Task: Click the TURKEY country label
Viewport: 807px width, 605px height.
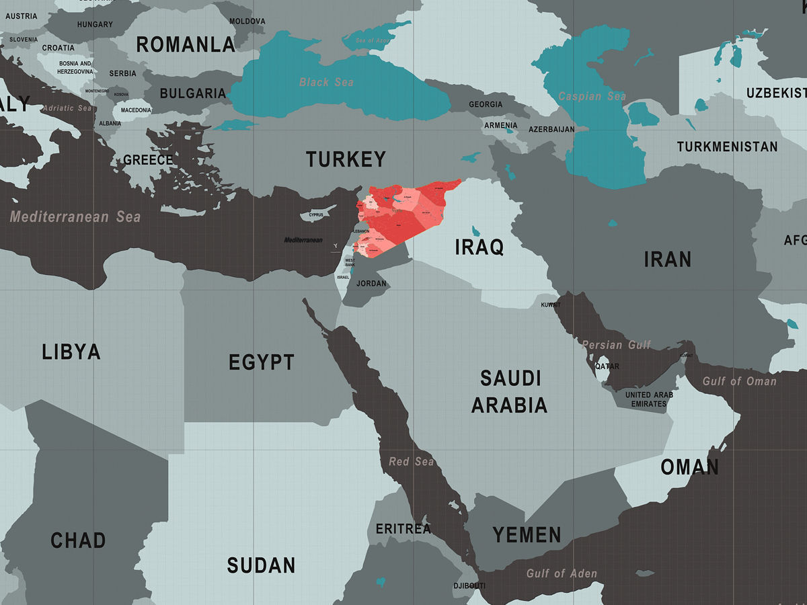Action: [x=346, y=159]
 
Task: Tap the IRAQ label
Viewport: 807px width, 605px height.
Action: [x=479, y=247]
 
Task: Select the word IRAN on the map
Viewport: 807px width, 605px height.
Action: [x=667, y=259]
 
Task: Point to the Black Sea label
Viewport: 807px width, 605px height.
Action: [x=327, y=82]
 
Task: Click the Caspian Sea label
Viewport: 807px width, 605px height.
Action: [x=592, y=96]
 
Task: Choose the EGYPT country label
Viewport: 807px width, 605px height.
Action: [x=261, y=362]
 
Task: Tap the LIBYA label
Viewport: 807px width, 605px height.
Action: [x=71, y=352]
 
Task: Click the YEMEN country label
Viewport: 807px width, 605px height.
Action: [x=527, y=535]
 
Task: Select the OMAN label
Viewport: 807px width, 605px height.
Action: [x=689, y=467]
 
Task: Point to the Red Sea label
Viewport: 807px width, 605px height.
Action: [x=412, y=462]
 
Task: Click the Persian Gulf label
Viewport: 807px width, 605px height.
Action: [x=617, y=345]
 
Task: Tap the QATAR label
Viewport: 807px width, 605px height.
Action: [x=607, y=366]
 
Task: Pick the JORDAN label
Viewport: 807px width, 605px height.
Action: [x=371, y=283]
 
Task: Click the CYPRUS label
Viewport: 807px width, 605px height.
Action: [x=316, y=215]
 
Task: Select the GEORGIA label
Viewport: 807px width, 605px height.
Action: [x=486, y=104]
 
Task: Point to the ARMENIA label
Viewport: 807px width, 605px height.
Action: [x=501, y=125]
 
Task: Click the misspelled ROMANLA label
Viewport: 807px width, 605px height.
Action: [x=186, y=45]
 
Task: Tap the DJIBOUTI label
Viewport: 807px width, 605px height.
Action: [x=469, y=586]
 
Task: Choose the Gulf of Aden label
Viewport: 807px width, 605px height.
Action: [x=561, y=573]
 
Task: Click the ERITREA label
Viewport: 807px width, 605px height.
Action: [x=403, y=529]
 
